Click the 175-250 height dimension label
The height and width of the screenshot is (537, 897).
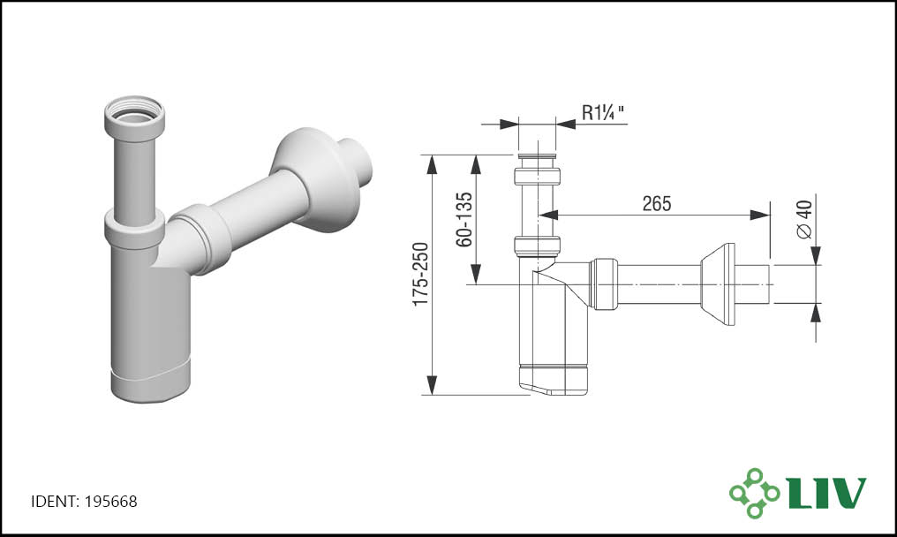point(421,274)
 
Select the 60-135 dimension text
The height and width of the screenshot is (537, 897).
point(464,220)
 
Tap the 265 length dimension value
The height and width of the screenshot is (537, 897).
point(656,203)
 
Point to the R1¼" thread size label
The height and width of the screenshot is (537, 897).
point(604,112)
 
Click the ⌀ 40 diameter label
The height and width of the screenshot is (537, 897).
point(803,219)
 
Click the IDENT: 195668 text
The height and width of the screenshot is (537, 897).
point(84,502)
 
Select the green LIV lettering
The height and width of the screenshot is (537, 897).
point(827,493)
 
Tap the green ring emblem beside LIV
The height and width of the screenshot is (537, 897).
point(755,493)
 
